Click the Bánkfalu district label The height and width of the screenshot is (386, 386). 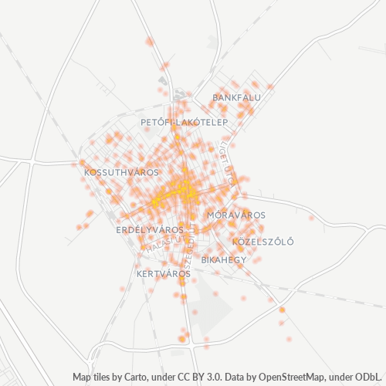pos(237,98)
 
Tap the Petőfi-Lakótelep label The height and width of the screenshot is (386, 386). pos(184,123)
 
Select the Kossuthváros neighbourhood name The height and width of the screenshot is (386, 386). pos(121,172)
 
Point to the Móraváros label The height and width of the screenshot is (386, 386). pos(237,215)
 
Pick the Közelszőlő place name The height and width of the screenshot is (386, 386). pos(263,242)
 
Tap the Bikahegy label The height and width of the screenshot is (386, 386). pos(223,260)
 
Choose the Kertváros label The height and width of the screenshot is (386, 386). pos(163,274)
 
